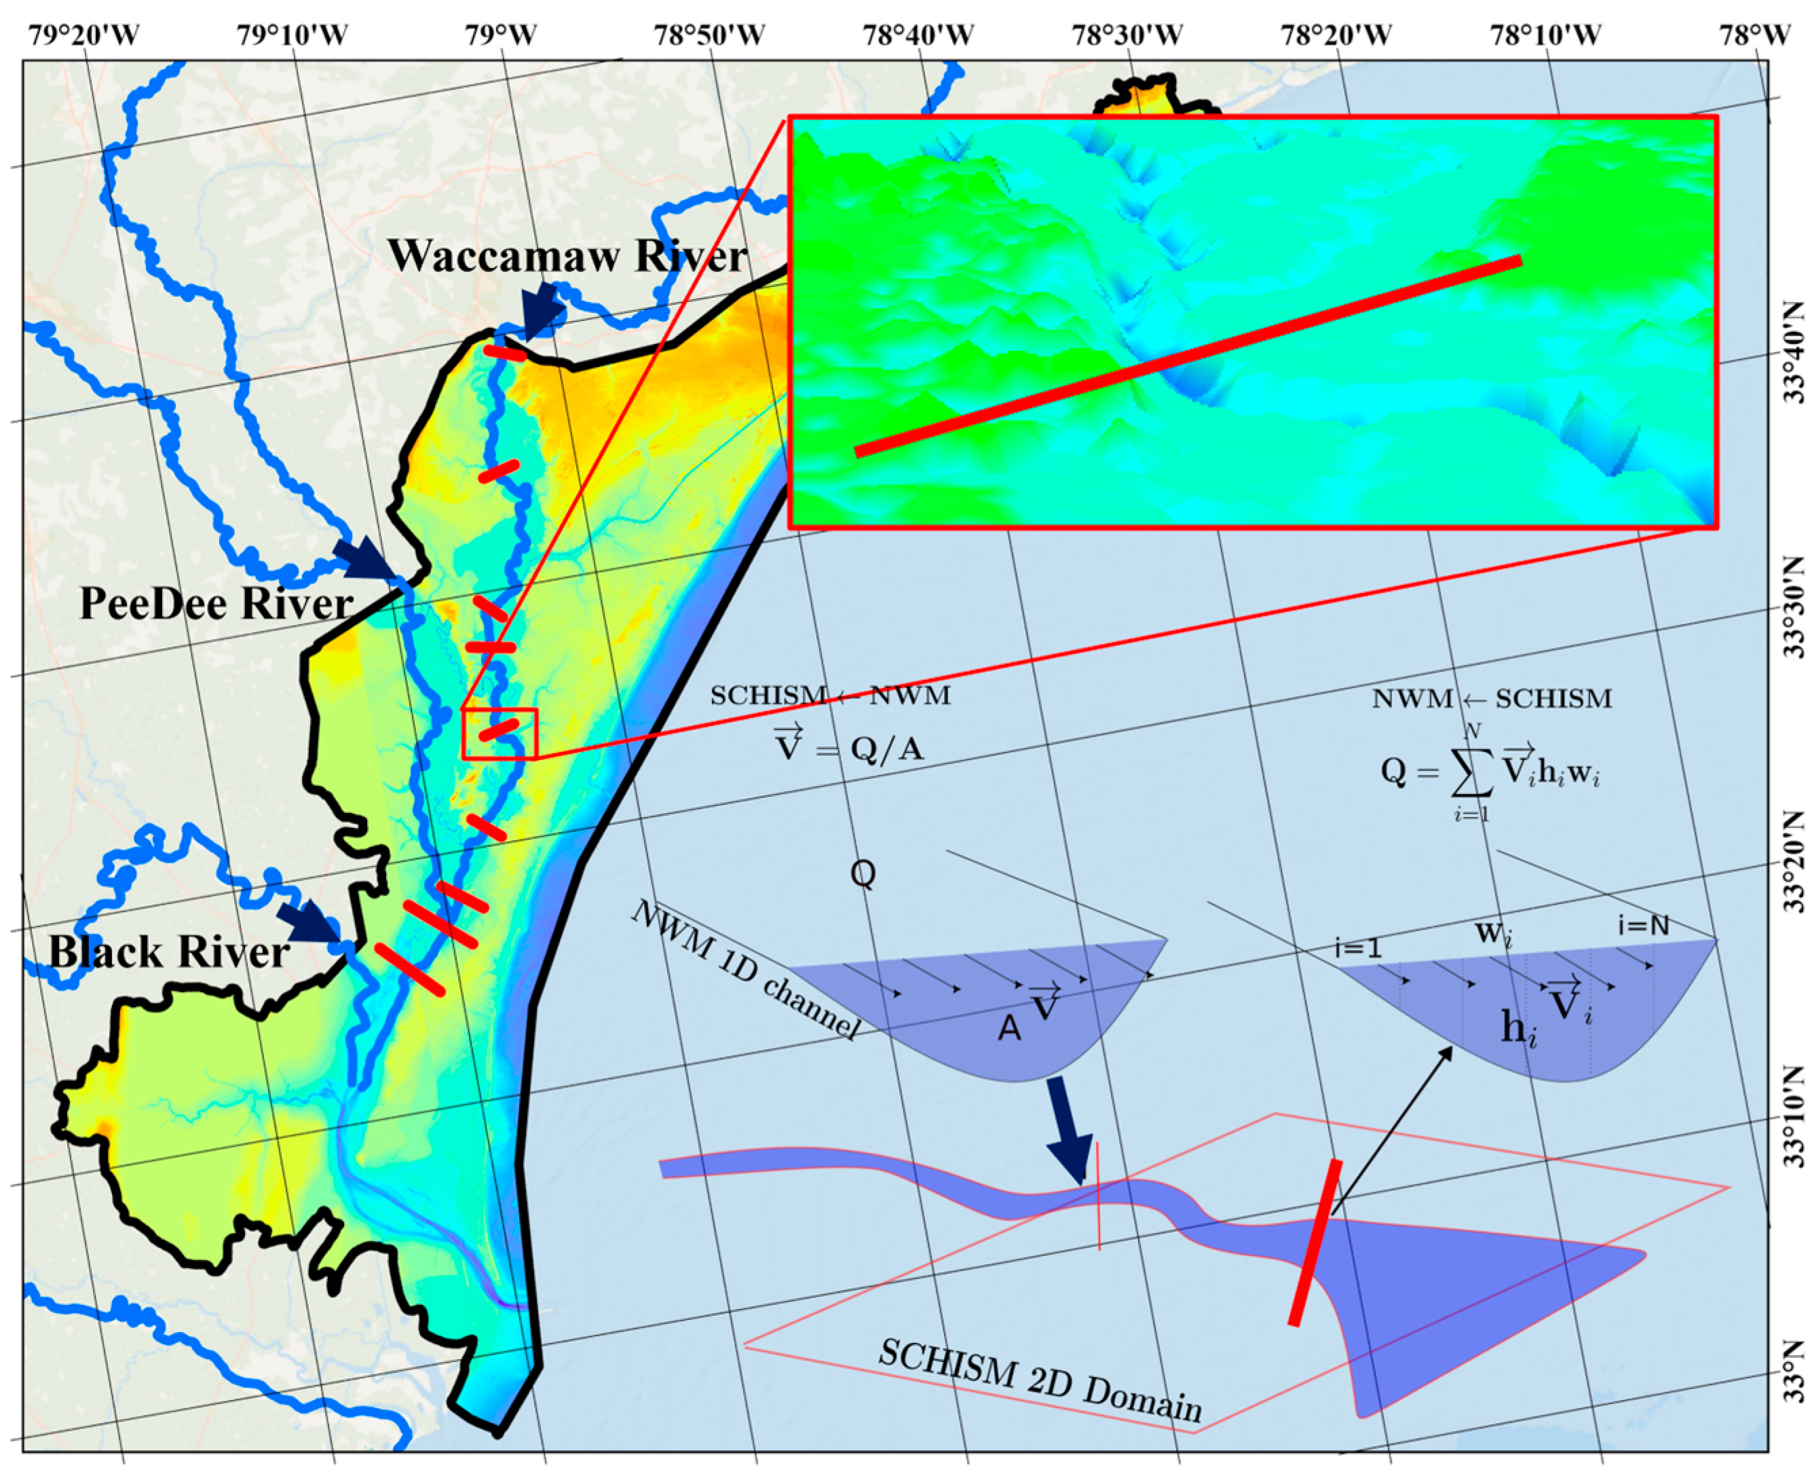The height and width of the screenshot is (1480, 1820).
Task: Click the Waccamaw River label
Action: click(x=567, y=257)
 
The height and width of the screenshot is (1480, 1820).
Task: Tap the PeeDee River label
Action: click(x=216, y=605)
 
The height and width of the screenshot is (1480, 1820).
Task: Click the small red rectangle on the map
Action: click(x=499, y=733)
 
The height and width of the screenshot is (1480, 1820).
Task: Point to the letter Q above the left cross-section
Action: click(x=862, y=874)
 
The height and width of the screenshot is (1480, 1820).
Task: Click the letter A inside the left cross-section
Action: click(x=1009, y=1029)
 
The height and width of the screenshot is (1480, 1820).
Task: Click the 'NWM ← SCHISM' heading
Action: click(x=1492, y=699)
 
